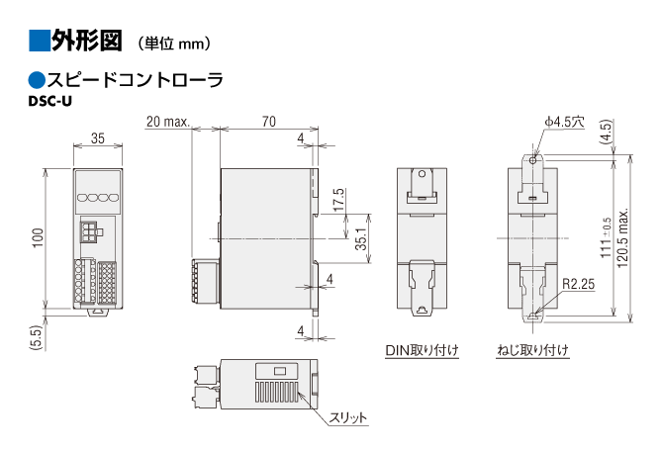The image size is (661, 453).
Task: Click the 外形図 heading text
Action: point(87,41)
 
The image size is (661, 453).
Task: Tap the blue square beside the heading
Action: point(40,41)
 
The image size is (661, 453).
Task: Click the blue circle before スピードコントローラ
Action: point(37,80)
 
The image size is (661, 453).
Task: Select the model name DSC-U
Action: point(50,102)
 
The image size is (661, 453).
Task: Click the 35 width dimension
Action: point(98,138)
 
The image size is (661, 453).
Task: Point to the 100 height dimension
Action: point(38,238)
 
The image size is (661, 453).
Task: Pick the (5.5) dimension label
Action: point(37,337)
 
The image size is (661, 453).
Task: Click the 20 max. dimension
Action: point(168,122)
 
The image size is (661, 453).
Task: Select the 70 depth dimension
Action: point(269,122)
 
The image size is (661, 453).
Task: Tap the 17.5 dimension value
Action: point(338,200)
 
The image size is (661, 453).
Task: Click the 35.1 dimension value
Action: point(361,239)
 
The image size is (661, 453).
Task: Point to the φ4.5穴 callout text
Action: point(565,122)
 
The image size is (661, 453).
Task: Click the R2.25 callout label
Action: point(578,284)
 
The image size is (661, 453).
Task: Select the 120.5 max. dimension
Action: point(622,238)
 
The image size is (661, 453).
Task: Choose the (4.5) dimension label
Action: point(606,132)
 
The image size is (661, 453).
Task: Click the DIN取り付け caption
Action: point(422,350)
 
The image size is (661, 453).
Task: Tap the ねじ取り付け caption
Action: point(533,350)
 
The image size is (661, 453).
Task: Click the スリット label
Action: point(348,417)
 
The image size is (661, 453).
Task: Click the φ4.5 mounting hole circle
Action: point(533,160)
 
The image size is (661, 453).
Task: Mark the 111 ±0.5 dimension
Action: point(606,238)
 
